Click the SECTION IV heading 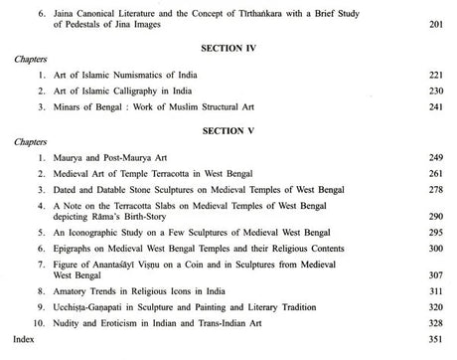(x=230, y=46)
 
